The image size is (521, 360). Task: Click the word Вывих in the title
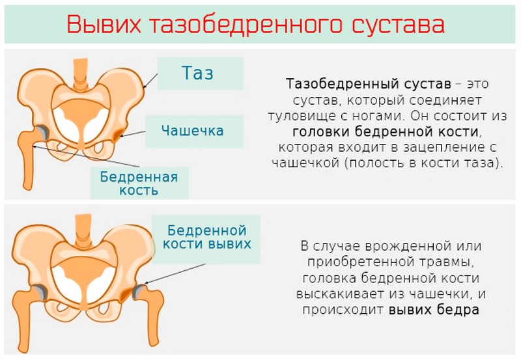click(104, 24)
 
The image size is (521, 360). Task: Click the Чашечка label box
click(192, 131)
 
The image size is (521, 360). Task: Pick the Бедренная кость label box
click(139, 183)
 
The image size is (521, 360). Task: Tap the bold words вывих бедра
click(434, 309)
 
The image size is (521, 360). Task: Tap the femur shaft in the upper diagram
click(29, 169)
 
